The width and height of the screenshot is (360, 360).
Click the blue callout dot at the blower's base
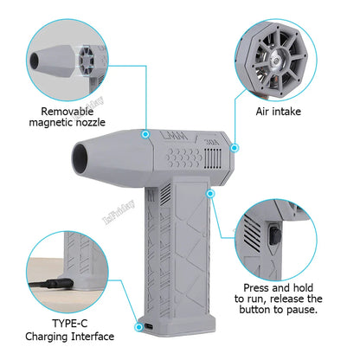[x=139, y=326]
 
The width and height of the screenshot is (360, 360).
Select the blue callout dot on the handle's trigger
[x=209, y=196]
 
